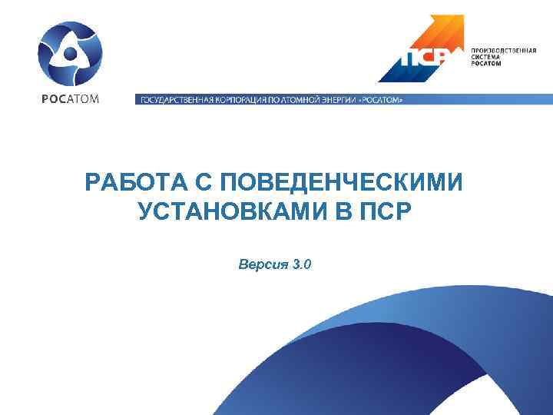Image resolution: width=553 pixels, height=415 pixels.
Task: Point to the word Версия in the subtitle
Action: [262, 265]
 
